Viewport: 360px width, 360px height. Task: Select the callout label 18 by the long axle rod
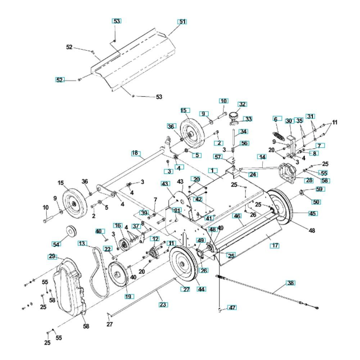135,153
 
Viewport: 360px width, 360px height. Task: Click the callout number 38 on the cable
290,283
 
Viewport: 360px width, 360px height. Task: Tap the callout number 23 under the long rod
163,305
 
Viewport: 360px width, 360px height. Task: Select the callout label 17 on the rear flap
275,246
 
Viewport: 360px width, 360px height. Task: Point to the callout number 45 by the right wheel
312,213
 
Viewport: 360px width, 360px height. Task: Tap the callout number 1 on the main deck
215,170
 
